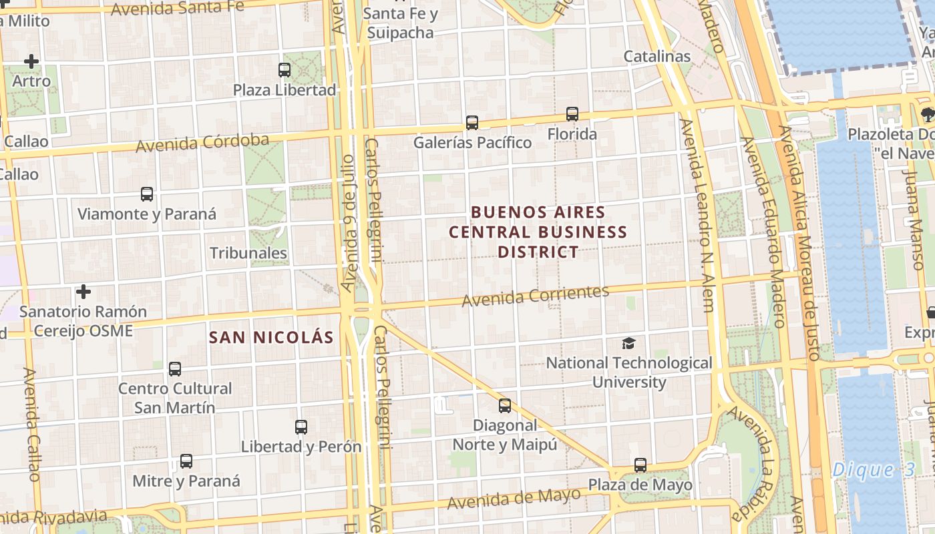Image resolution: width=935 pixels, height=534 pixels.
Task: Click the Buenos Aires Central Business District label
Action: (x=538, y=232)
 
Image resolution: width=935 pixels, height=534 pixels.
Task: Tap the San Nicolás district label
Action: (x=270, y=337)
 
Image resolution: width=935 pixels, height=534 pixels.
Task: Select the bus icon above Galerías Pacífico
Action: (x=472, y=123)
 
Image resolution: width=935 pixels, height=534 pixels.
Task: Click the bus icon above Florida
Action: (x=572, y=114)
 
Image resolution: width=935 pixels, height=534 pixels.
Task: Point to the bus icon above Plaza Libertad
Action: (x=285, y=69)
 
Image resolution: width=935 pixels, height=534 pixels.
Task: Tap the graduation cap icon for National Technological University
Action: (x=628, y=343)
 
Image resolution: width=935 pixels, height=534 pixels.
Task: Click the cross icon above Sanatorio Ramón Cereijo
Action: (x=83, y=292)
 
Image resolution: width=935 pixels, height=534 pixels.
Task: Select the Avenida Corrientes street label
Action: (x=536, y=296)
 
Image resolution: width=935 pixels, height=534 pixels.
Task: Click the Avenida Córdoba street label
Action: (x=202, y=143)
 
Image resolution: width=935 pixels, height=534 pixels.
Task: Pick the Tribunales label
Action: (x=248, y=253)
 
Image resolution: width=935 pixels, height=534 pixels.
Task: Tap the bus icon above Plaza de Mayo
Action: (x=640, y=465)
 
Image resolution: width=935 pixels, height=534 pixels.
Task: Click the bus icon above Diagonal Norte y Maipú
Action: (x=505, y=405)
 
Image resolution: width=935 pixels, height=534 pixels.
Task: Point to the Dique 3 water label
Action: (x=874, y=470)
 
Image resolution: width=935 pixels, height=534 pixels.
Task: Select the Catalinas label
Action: (x=657, y=56)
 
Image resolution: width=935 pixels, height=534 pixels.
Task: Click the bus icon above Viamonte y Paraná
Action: (x=147, y=194)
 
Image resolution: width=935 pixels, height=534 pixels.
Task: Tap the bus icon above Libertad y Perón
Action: (x=301, y=427)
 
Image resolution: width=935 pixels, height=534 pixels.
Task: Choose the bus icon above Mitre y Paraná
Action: (x=186, y=461)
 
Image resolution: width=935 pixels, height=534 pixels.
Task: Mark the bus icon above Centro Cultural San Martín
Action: (x=175, y=368)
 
